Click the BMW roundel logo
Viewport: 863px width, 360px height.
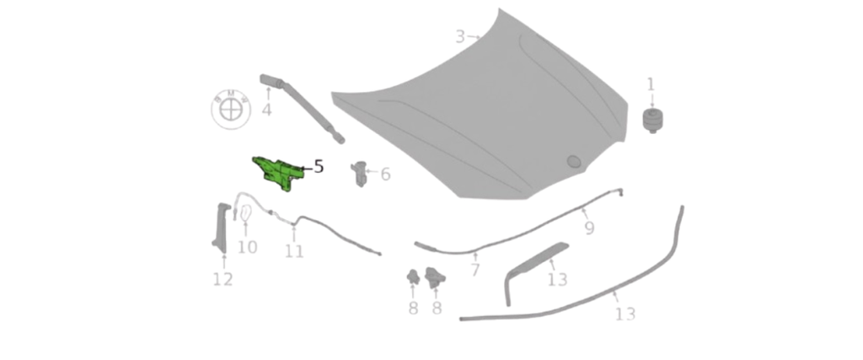pyautogui.click(x=231, y=109)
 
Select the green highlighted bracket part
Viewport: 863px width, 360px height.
pyautogui.click(x=278, y=173)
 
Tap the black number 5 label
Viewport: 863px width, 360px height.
pyautogui.click(x=318, y=167)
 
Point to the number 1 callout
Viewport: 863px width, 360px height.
pyautogui.click(x=651, y=85)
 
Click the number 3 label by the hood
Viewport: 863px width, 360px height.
pyautogui.click(x=461, y=37)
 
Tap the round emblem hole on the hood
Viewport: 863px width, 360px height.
pyautogui.click(x=574, y=161)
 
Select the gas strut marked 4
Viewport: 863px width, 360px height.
pyautogui.click(x=302, y=108)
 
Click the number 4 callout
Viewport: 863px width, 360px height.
pyautogui.click(x=267, y=110)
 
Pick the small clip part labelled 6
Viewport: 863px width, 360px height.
pyautogui.click(x=359, y=174)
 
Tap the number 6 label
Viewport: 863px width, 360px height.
pyautogui.click(x=385, y=175)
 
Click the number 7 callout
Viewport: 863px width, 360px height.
pyautogui.click(x=475, y=270)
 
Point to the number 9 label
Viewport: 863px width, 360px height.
pyautogui.click(x=589, y=228)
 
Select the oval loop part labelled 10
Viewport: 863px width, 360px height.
pyautogui.click(x=245, y=212)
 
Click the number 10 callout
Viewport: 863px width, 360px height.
pyautogui.click(x=248, y=247)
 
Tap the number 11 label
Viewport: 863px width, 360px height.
pyautogui.click(x=294, y=251)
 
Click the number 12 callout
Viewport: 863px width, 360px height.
pyautogui.click(x=222, y=279)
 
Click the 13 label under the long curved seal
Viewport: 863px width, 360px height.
pyautogui.click(x=625, y=314)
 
